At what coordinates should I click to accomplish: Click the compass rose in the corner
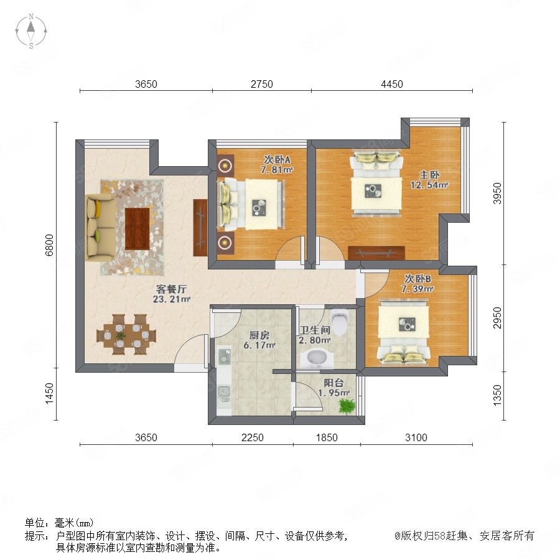click(x=31, y=30)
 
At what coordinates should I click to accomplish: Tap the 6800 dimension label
click(x=49, y=245)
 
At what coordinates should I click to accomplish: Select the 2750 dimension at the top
click(x=262, y=84)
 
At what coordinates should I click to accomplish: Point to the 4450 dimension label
click(x=392, y=84)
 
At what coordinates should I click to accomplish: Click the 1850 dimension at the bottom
click(x=327, y=437)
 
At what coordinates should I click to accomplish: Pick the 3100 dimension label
click(x=416, y=437)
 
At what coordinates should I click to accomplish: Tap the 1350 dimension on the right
click(x=497, y=395)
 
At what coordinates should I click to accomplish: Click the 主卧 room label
click(x=429, y=175)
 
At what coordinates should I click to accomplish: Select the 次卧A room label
click(x=277, y=159)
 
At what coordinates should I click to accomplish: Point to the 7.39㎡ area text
click(x=417, y=289)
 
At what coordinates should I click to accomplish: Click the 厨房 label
click(x=259, y=335)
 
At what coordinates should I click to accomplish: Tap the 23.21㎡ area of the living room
click(x=172, y=299)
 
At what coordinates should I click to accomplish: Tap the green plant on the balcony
click(x=347, y=406)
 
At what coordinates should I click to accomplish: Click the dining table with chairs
click(x=126, y=335)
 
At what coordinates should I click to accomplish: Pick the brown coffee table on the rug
click(x=137, y=228)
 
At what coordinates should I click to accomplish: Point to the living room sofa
click(x=101, y=227)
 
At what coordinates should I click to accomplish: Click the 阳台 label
click(x=334, y=383)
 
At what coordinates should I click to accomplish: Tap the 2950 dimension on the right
click(x=497, y=318)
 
